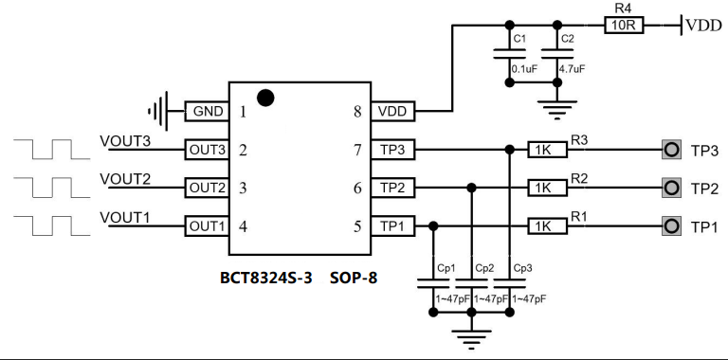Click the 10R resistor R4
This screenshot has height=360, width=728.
[x=624, y=27]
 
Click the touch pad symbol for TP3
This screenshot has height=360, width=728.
[x=672, y=149]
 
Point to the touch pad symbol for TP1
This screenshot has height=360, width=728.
[x=672, y=225]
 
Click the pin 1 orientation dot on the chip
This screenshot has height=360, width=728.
[x=265, y=96]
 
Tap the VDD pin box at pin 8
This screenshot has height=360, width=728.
[x=390, y=111]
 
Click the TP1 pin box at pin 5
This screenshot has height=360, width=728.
[x=390, y=225]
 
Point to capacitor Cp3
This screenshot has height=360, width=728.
[x=511, y=284]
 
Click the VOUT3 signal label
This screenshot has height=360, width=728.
[x=125, y=141]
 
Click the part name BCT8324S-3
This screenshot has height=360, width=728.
[x=266, y=279]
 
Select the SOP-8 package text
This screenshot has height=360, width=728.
[x=353, y=279]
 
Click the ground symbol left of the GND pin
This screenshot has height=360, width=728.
[x=162, y=111]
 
